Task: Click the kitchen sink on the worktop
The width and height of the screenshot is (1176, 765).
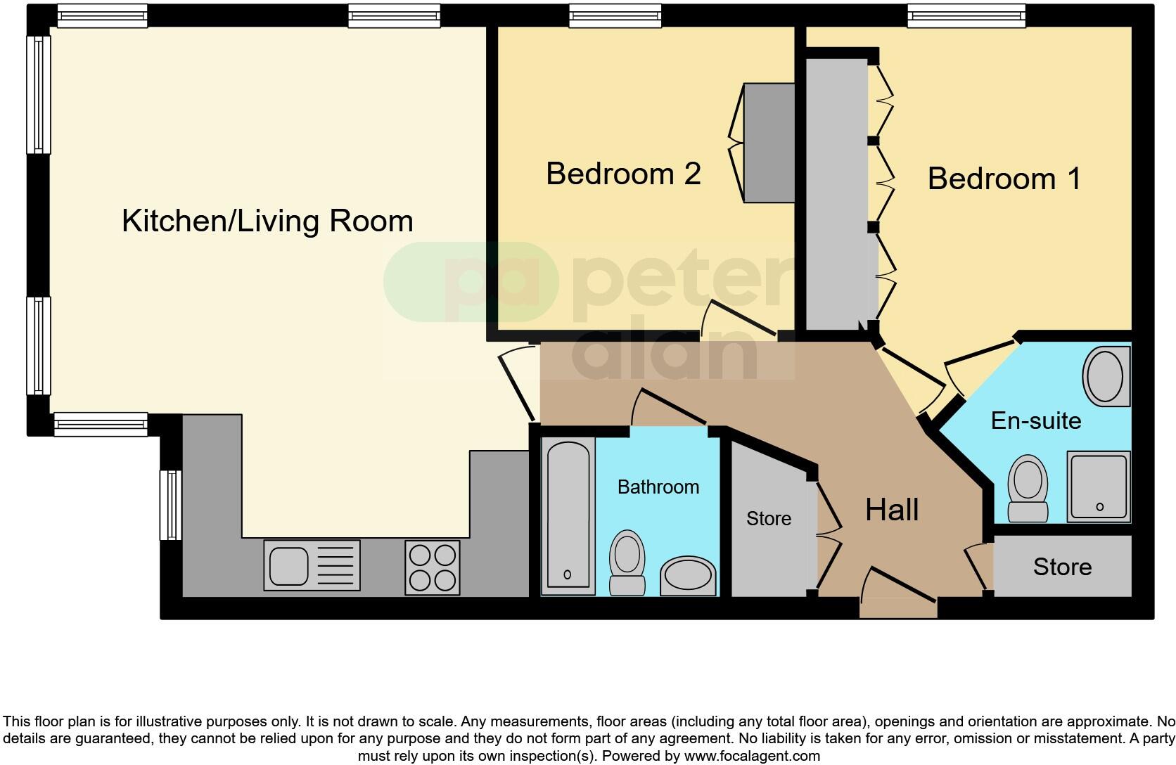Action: [x=312, y=565]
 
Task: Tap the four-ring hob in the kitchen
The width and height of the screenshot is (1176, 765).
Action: [x=433, y=567]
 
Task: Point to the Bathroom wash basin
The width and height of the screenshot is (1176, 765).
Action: [x=688, y=575]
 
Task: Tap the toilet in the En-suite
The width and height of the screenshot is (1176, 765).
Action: [x=1028, y=489]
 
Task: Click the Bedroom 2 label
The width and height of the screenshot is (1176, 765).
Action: [x=623, y=174]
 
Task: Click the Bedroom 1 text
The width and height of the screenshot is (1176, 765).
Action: [x=1004, y=179]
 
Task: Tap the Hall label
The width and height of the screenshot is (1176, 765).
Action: [x=892, y=510]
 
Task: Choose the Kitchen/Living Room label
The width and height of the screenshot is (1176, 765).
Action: [x=267, y=221]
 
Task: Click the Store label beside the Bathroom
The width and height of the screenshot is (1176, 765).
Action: [x=768, y=519]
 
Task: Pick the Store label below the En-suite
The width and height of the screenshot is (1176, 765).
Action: [x=1062, y=567]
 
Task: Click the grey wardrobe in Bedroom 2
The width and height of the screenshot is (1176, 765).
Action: [x=769, y=143]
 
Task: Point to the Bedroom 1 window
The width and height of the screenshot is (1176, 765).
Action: [x=966, y=16]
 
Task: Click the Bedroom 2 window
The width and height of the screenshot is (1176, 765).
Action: [x=615, y=16]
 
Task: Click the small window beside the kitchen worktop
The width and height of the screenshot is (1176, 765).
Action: [x=170, y=505]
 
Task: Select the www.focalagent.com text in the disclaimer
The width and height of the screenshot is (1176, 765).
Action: [x=752, y=757]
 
